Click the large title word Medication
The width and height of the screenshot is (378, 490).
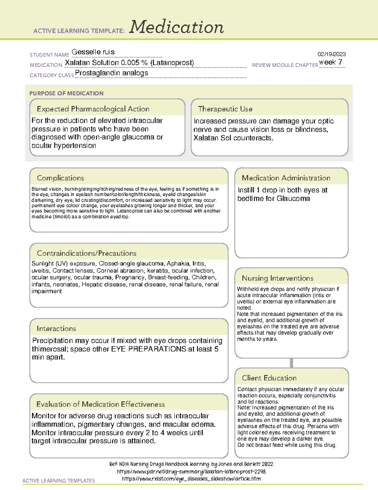(176, 27)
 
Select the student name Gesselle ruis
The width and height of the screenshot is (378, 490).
(93, 52)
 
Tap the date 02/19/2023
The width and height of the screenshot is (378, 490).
(331, 54)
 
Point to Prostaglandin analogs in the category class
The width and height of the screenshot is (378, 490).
(112, 73)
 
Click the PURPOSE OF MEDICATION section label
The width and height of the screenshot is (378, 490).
(66, 93)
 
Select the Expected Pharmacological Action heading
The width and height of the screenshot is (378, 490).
(93, 109)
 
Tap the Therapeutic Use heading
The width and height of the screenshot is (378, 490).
(225, 109)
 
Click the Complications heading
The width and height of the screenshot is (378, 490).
(60, 178)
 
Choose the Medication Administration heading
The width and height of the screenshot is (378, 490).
(286, 178)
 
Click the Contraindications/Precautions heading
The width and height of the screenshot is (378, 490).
(86, 253)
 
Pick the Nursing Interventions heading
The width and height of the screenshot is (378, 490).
(277, 278)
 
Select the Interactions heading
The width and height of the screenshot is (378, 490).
(56, 328)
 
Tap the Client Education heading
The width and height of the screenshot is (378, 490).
(269, 378)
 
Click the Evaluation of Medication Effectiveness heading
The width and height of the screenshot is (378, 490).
(100, 404)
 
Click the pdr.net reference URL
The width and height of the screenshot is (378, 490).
(191, 471)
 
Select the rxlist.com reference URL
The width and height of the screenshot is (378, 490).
(191, 479)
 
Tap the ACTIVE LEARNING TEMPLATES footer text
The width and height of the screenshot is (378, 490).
(58, 481)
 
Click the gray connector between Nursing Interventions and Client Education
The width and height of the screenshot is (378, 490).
(291, 363)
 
